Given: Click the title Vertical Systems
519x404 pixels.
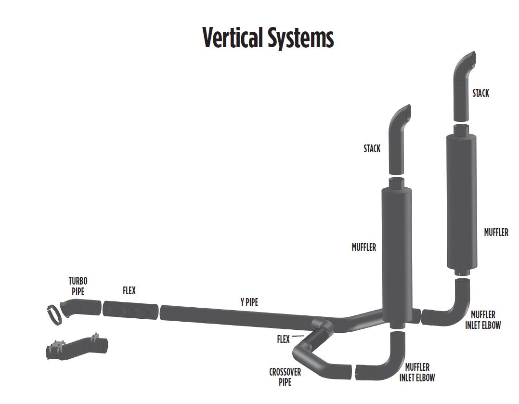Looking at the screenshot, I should tap(268, 38).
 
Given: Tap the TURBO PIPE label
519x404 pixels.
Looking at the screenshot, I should tap(78, 286).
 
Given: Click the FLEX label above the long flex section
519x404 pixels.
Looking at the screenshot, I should tap(129, 291).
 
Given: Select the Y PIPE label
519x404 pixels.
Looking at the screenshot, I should tap(249, 302).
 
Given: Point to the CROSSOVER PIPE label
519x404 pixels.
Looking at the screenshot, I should tap(285, 377).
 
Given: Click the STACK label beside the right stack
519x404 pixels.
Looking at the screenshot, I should tap(480, 93).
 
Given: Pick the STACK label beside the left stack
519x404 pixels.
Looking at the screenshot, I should tap(372, 149).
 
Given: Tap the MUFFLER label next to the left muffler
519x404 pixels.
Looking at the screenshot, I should tap(363, 248).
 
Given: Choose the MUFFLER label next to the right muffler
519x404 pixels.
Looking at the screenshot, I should tap(496, 233).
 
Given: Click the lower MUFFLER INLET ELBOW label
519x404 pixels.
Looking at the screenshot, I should tap(417, 372).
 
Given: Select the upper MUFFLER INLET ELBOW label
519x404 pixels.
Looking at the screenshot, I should tap(483, 320).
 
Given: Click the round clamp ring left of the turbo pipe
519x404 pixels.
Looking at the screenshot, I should tap(55, 314).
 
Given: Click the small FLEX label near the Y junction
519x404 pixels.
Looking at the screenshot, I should tap(283, 339).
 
